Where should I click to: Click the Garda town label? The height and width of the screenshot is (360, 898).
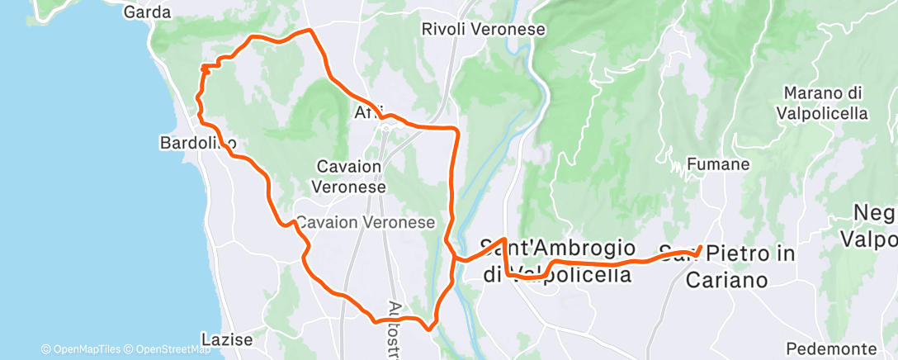147,12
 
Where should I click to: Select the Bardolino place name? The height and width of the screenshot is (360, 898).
197,144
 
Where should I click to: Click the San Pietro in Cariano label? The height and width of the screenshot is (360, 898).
727,266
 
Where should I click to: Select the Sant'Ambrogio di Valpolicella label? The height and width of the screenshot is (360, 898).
558,260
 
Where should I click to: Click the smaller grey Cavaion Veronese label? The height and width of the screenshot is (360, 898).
365,223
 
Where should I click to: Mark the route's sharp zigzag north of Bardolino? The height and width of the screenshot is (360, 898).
206,67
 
